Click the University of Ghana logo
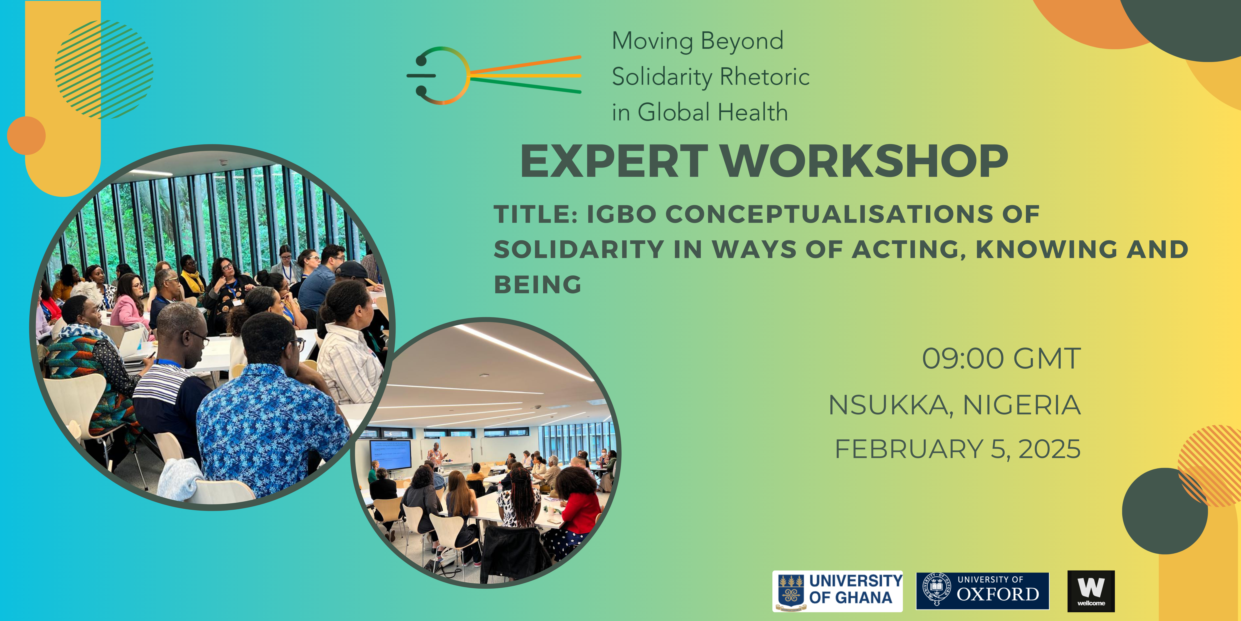click(837, 591)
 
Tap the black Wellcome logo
click(1091, 591)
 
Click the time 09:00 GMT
click(1001, 359)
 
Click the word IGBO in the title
click(621, 214)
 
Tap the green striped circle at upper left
click(104, 69)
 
